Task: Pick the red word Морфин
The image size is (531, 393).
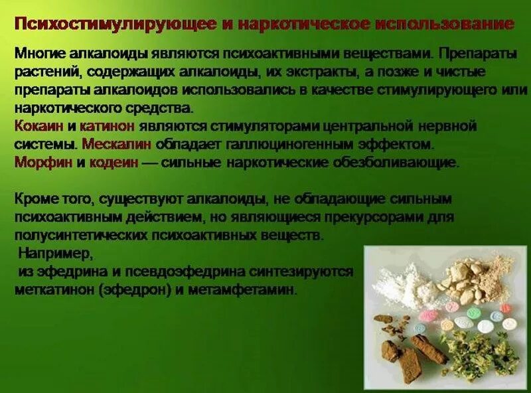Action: [40, 161]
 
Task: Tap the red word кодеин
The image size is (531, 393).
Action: [114, 161]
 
